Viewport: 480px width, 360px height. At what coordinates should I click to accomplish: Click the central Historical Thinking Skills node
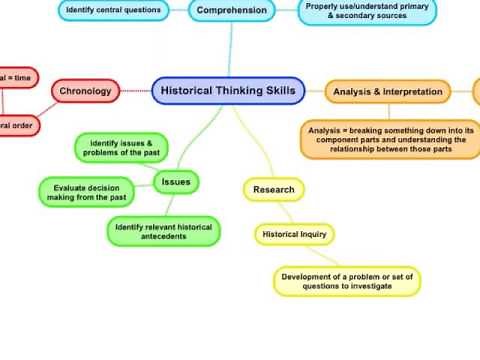coord(228,91)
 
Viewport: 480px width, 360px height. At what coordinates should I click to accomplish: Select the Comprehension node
coord(231,11)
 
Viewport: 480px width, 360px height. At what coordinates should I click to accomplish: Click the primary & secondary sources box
coord(367,11)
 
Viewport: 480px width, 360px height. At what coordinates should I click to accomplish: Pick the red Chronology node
coord(85,91)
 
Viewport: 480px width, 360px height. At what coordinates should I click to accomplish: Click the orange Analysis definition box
coord(391,140)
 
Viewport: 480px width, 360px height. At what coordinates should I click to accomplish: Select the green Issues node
coord(176,182)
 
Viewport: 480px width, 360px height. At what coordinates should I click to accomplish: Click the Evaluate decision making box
coord(85,191)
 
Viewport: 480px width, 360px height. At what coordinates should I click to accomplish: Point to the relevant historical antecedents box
coord(164,232)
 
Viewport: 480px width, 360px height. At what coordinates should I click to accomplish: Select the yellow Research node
coord(273,189)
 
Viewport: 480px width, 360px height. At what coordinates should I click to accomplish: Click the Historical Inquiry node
coord(293,235)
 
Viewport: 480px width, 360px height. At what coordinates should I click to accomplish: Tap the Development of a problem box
coord(348,281)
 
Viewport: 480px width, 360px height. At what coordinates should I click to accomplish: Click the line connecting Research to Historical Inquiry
coord(283,212)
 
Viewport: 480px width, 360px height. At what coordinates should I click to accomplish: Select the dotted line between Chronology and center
coord(136,91)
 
